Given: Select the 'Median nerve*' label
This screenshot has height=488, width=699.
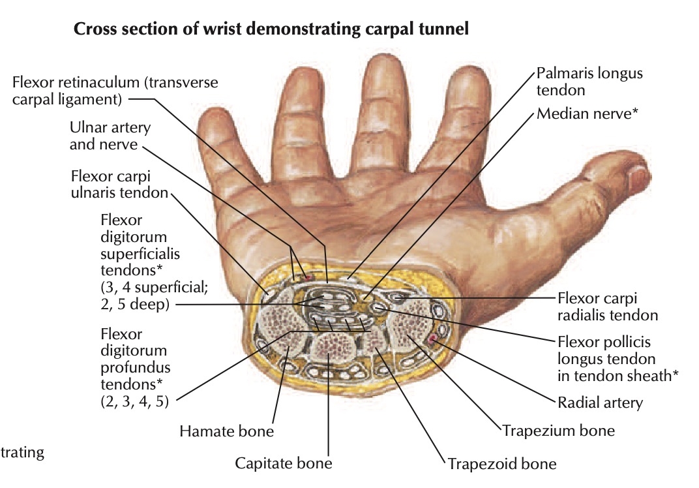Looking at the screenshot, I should [x=586, y=114].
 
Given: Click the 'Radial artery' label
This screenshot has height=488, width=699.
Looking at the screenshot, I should [x=600, y=402].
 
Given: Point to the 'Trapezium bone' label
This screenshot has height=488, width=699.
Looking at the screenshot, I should [x=558, y=431].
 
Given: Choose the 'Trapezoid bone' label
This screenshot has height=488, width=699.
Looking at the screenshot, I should [x=501, y=465].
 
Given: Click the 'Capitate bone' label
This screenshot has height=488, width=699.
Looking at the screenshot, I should [x=284, y=464].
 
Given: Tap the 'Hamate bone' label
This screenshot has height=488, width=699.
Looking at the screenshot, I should [x=226, y=431].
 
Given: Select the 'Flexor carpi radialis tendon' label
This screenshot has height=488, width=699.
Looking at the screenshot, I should [x=608, y=307].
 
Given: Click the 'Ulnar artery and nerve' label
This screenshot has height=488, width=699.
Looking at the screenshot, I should [x=110, y=136].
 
